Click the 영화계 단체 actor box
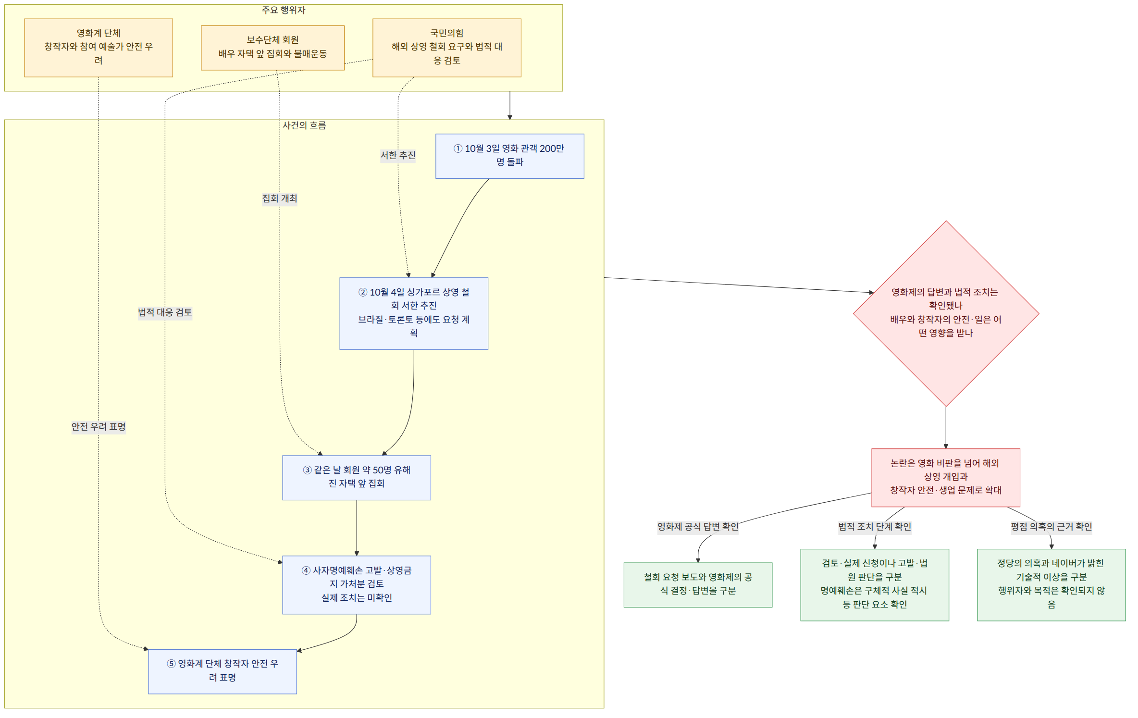(x=99, y=48)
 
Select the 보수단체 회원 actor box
(x=272, y=48)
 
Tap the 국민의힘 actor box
(x=447, y=48)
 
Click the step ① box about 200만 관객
(x=510, y=156)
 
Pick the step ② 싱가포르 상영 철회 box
(x=414, y=313)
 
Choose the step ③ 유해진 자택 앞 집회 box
(x=357, y=478)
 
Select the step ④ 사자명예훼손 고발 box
(x=357, y=585)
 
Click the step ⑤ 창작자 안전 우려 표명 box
(x=223, y=671)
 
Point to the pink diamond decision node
(x=946, y=313)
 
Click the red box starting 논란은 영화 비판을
(x=946, y=478)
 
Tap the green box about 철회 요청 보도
(x=698, y=585)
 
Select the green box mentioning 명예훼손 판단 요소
(x=875, y=585)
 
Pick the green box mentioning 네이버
(x=1051, y=585)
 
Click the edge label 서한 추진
(x=398, y=155)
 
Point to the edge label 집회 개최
(x=280, y=198)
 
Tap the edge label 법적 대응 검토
(x=165, y=312)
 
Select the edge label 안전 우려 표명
(x=99, y=427)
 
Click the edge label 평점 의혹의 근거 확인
(x=1051, y=527)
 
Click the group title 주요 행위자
(x=284, y=10)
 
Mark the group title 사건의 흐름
(x=304, y=125)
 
